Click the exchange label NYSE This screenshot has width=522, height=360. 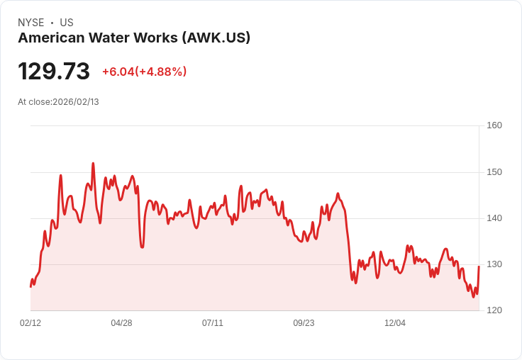(x=30, y=23)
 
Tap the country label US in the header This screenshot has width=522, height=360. (x=67, y=23)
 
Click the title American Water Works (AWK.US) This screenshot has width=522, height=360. (x=134, y=38)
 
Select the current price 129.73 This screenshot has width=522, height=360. (x=54, y=72)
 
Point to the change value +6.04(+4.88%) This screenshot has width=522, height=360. (x=144, y=72)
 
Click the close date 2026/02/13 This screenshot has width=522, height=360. (x=76, y=102)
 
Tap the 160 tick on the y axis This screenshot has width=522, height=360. (x=494, y=125)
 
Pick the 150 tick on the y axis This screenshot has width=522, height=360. (x=494, y=172)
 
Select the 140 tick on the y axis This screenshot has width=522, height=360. (x=494, y=218)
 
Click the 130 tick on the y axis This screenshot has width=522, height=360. (x=494, y=264)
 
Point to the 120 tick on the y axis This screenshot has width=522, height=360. (x=494, y=310)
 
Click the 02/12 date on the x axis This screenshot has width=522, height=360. (x=30, y=323)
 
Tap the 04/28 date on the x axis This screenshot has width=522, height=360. (x=121, y=323)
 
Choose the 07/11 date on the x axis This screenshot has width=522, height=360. (x=213, y=323)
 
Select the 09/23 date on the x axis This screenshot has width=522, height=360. (x=304, y=323)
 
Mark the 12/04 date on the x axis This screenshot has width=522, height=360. (x=395, y=323)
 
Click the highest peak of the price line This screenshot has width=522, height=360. (x=93, y=164)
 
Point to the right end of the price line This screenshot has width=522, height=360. (x=479, y=266)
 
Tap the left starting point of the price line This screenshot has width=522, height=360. (x=30, y=286)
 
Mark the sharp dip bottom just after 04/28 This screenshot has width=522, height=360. (x=142, y=247)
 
